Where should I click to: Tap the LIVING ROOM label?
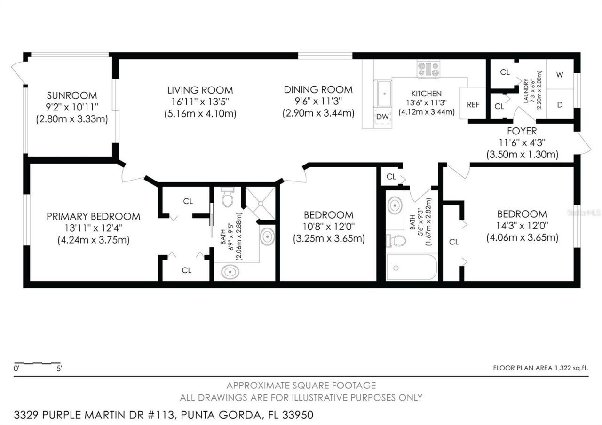click(200, 90)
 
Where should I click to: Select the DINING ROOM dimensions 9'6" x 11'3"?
click(318, 101)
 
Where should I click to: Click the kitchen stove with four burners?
click(428, 70)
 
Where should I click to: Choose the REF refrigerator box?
click(473, 105)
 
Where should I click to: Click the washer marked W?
click(560, 74)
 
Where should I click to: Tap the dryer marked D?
click(560, 104)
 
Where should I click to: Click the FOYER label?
click(522, 131)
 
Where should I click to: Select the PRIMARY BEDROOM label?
click(93, 216)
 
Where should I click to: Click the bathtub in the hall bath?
click(412, 267)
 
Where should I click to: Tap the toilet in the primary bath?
click(227, 198)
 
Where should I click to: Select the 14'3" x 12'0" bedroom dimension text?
click(522, 226)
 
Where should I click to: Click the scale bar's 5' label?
click(59, 369)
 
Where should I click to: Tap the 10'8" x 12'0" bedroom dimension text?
click(328, 227)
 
